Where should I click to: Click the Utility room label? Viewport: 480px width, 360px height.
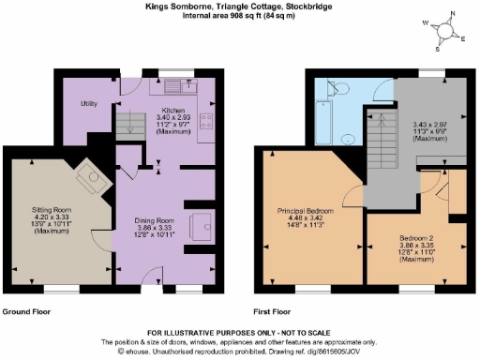click(x=90, y=103)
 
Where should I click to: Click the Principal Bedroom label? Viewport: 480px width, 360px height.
click(x=306, y=210)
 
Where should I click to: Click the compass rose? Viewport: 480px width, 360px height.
click(x=446, y=31)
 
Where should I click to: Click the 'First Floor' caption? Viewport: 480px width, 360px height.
click(x=274, y=311)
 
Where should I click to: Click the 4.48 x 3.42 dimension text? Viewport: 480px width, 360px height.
click(x=306, y=217)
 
